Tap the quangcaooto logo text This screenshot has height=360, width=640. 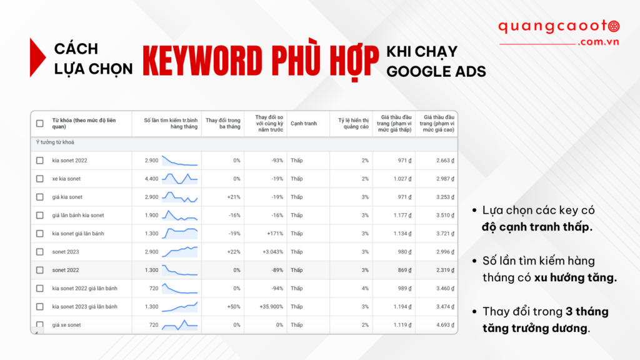(557, 27)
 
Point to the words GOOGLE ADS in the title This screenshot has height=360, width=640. (436, 71)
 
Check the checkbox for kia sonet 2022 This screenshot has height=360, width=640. (40, 161)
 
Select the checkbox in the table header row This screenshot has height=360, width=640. (40, 124)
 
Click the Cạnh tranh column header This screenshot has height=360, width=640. (304, 124)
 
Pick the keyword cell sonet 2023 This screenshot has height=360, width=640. (66, 252)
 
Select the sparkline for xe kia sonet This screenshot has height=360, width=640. (179, 179)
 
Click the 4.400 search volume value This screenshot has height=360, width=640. (151, 179)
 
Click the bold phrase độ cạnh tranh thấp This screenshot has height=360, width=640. (537, 226)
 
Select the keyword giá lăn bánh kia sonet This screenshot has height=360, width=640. (78, 216)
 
